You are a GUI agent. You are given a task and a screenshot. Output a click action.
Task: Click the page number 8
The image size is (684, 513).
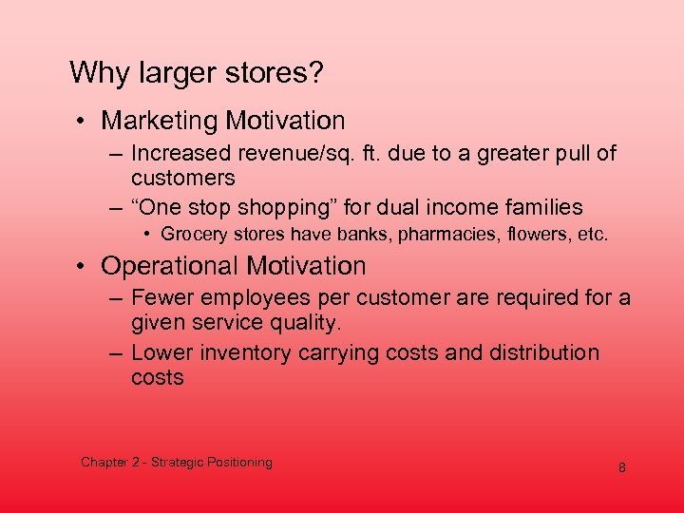tap(621, 468)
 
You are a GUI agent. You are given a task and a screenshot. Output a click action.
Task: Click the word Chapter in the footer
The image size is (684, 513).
tap(105, 463)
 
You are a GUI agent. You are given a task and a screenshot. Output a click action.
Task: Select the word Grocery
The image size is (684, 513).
tap(191, 234)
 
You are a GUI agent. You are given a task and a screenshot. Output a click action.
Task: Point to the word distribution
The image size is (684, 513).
tap(542, 353)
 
